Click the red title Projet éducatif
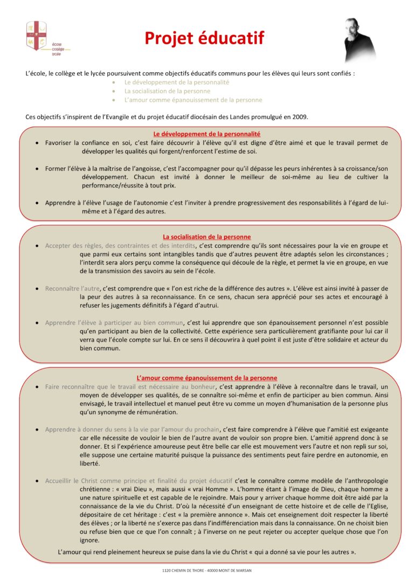point(204,38)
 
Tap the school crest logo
point(36,36)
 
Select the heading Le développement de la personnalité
point(207,134)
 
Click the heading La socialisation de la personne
point(207,236)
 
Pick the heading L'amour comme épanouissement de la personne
point(207,378)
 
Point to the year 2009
point(300,116)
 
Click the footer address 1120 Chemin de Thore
point(207,570)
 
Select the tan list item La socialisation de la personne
point(167,91)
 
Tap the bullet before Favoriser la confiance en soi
point(36,143)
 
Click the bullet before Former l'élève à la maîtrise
point(36,169)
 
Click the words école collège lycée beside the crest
point(57,48)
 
